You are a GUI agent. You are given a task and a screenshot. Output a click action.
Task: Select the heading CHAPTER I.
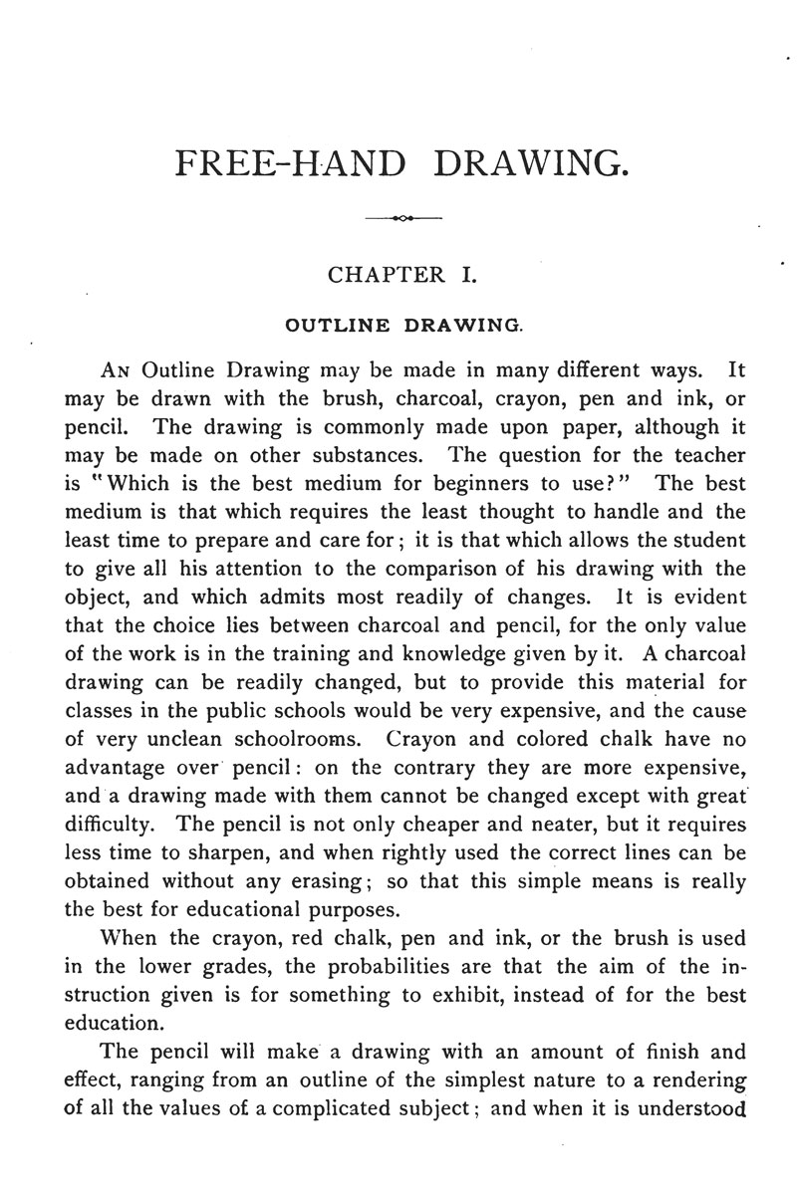point(401,275)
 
